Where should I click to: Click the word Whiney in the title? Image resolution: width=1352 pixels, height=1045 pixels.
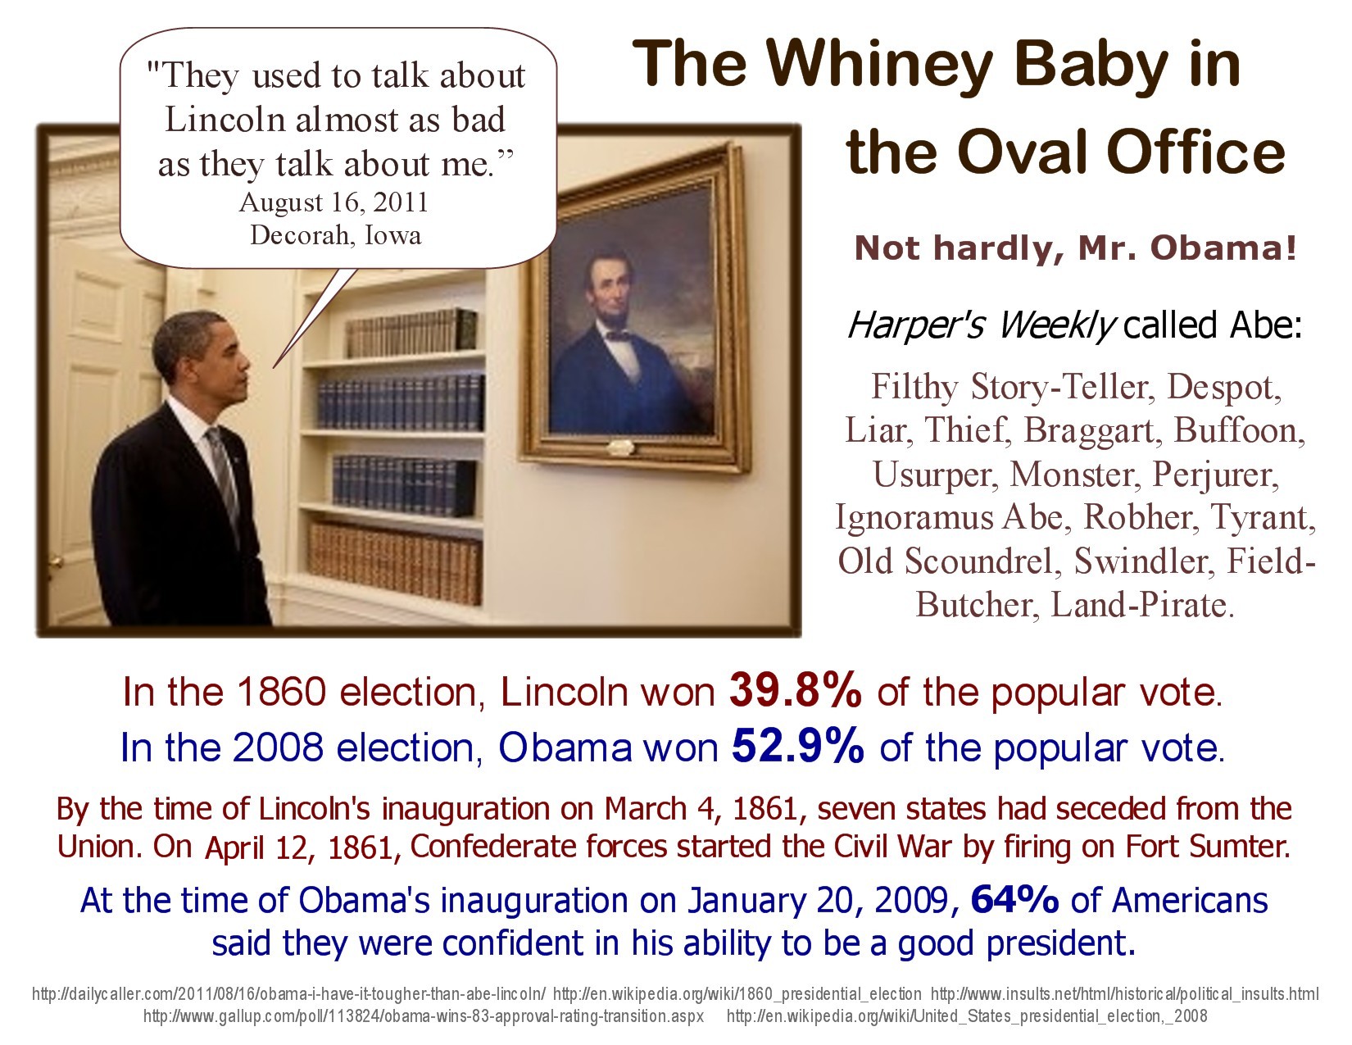(878, 66)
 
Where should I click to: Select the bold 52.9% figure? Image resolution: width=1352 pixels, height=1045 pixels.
(797, 746)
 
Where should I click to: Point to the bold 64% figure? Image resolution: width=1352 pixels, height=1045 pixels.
(1014, 899)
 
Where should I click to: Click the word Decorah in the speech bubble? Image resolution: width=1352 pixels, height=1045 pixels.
(302, 235)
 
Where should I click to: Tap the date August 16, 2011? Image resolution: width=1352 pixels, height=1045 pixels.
(334, 202)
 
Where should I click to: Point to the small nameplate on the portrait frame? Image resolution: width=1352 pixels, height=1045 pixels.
(619, 446)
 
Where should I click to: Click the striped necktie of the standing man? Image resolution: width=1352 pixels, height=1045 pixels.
(225, 479)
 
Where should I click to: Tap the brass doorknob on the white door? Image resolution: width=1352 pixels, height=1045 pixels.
(56, 562)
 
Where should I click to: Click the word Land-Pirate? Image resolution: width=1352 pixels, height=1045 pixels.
(1142, 604)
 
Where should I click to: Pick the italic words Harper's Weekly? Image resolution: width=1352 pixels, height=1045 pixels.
(982, 325)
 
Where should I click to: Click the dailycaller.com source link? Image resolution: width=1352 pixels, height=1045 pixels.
(288, 994)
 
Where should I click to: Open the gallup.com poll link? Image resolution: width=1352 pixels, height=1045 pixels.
(423, 1015)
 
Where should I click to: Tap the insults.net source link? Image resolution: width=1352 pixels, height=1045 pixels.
(1124, 994)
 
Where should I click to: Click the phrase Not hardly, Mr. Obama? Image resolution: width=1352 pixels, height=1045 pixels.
(1076, 248)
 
